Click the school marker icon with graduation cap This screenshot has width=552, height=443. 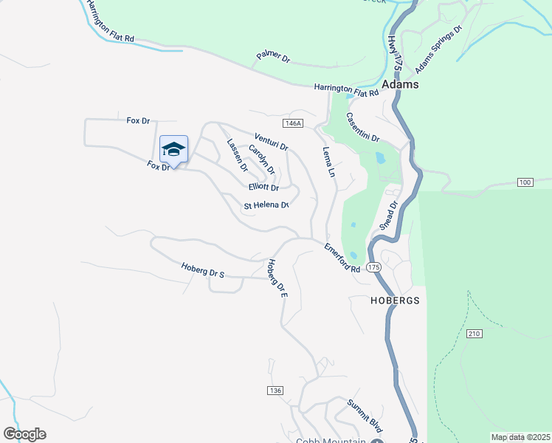tap(173, 150)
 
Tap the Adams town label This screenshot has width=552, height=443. tap(400, 85)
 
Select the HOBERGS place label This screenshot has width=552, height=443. tap(395, 301)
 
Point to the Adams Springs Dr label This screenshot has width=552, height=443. tap(438, 51)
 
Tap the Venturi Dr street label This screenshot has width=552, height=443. tap(271, 142)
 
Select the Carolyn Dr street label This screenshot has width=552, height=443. tap(261, 159)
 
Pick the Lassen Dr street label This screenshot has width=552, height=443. tap(237, 155)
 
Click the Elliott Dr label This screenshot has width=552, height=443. tap(263, 188)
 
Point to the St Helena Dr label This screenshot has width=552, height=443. tap(266, 205)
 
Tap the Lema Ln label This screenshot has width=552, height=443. tap(329, 162)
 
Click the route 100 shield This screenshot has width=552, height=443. tap(525, 182)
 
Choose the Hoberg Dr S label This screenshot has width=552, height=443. tap(202, 270)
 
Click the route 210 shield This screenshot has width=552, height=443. tap(474, 334)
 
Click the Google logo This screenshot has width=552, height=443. tap(25, 434)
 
